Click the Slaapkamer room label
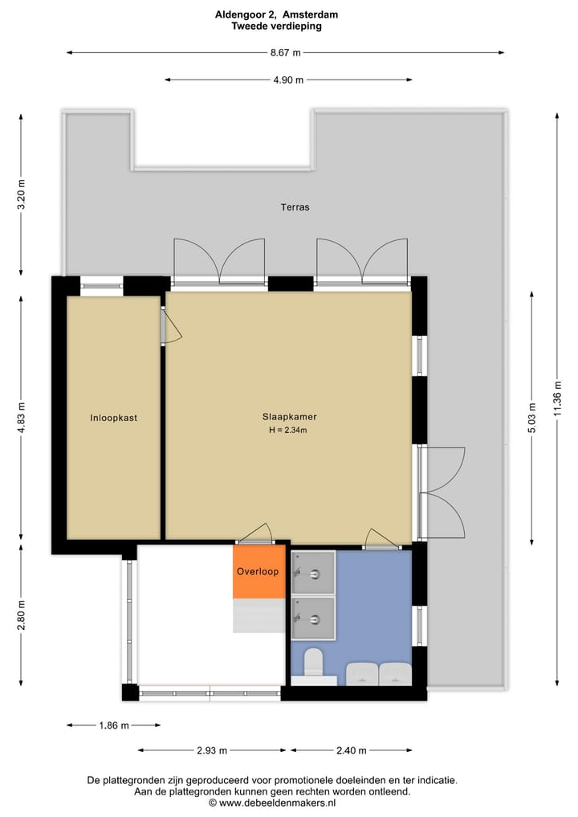click(289, 417)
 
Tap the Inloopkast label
click(113, 418)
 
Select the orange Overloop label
click(258, 572)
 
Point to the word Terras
click(295, 207)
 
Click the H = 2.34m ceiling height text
click(289, 431)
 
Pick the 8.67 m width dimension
click(285, 53)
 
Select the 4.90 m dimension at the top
click(288, 80)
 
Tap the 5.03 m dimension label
click(531, 418)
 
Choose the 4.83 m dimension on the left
click(22, 418)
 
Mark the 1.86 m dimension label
click(113, 725)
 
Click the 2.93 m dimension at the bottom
click(212, 751)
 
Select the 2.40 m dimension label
click(351, 751)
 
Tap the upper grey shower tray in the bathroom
click(314, 572)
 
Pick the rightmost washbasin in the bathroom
click(394, 674)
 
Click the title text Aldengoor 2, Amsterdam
click(276, 14)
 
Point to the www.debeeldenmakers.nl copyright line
click(272, 803)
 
